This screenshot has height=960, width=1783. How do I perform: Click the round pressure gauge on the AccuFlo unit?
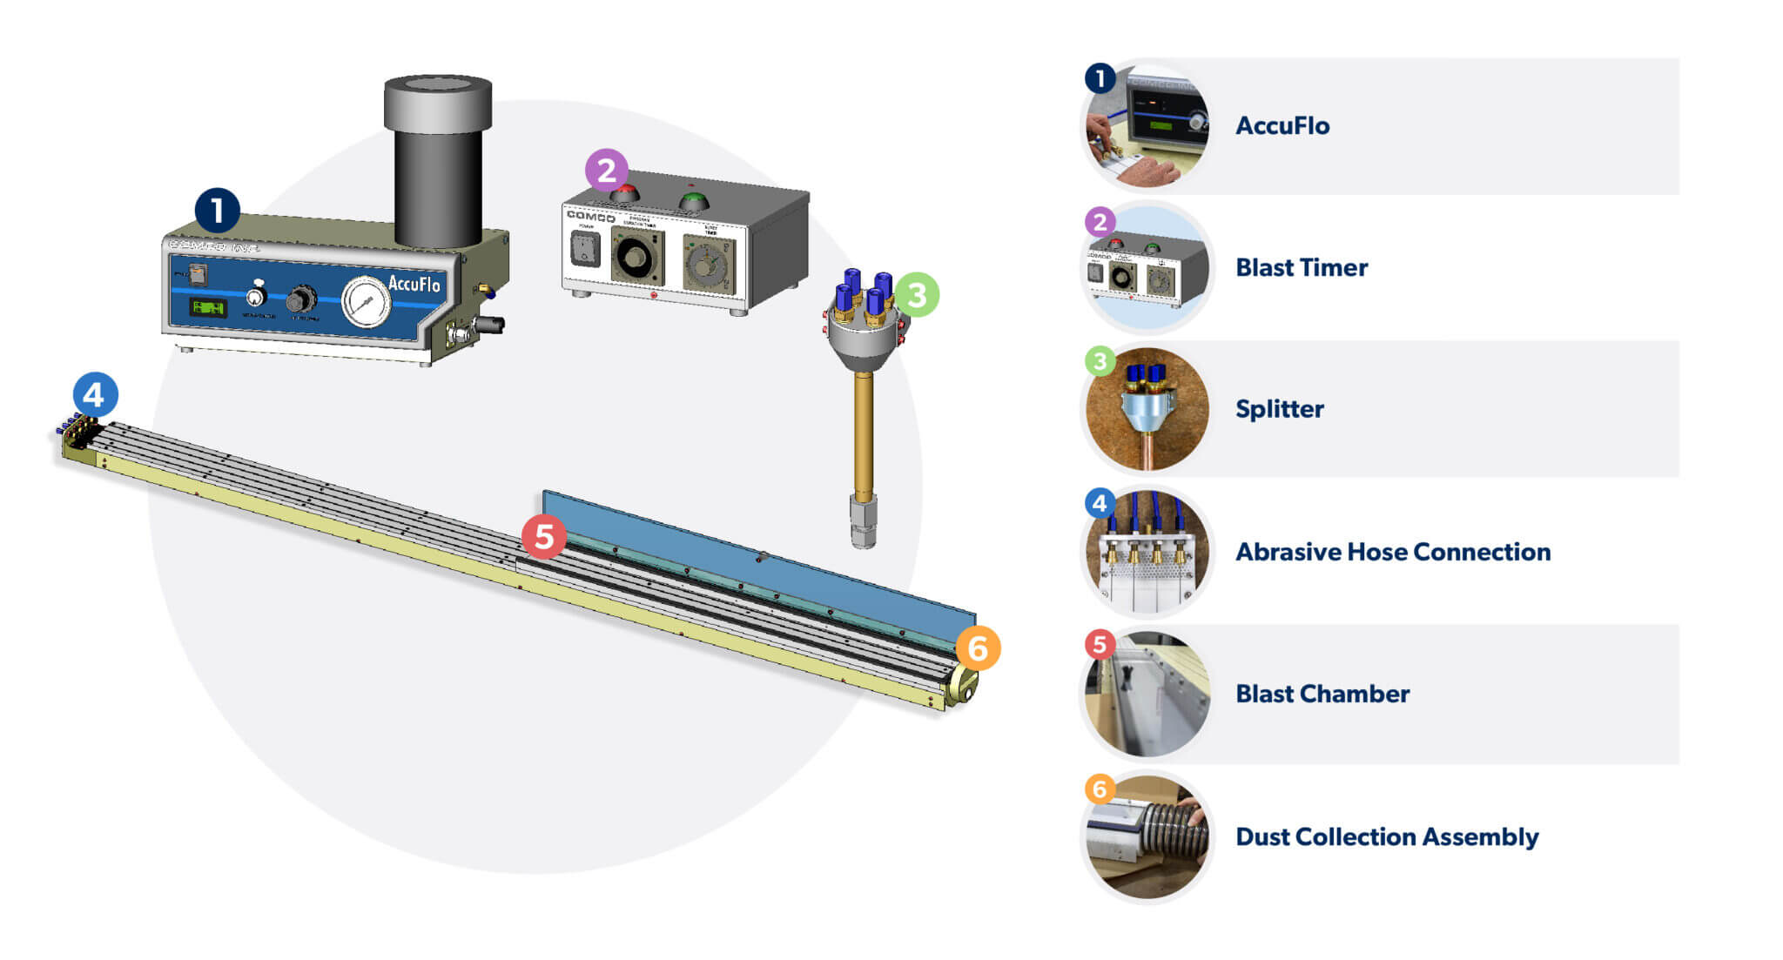point(367,301)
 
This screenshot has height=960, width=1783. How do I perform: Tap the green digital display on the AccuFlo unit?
point(208,307)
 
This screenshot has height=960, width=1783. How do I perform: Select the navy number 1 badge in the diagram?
point(217,211)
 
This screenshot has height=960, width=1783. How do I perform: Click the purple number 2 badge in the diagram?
point(607,170)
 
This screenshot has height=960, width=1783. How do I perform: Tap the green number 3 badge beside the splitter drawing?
point(917,295)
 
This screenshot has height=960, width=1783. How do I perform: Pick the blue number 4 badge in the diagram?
point(95,394)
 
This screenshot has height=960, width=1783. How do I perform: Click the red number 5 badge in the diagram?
point(544,536)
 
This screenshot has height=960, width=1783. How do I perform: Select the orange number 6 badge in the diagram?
point(978,648)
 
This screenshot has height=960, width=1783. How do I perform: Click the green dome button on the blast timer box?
point(693,201)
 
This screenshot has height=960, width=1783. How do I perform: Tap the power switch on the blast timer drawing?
point(584,250)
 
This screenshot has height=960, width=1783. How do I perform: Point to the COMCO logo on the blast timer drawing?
point(591,216)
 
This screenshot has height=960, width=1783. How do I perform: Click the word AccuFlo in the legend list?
point(1282,126)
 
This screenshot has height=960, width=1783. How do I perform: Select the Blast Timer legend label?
point(1302,268)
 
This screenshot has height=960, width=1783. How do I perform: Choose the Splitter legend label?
point(1280,409)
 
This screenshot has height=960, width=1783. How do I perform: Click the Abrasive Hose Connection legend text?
point(1393,552)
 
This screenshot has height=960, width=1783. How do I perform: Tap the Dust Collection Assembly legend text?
point(1387,837)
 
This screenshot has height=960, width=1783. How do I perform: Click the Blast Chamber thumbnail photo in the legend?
point(1147,695)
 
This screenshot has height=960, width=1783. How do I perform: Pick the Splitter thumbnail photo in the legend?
point(1147,410)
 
